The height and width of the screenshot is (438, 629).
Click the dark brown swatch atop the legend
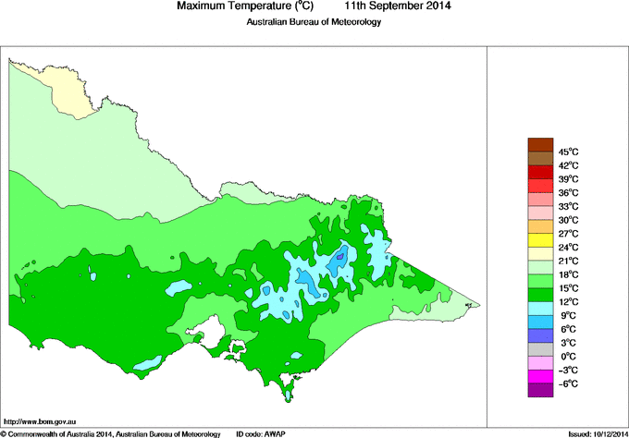click(540, 144)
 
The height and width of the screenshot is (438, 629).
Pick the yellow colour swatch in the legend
click(540, 239)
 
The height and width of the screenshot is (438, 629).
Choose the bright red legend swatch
click(540, 172)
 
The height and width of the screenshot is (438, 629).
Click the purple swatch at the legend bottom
click(540, 390)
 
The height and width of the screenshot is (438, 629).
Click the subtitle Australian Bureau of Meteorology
click(314, 22)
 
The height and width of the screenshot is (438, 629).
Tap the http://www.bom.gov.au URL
click(40, 420)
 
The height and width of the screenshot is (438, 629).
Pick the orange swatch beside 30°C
click(540, 226)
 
